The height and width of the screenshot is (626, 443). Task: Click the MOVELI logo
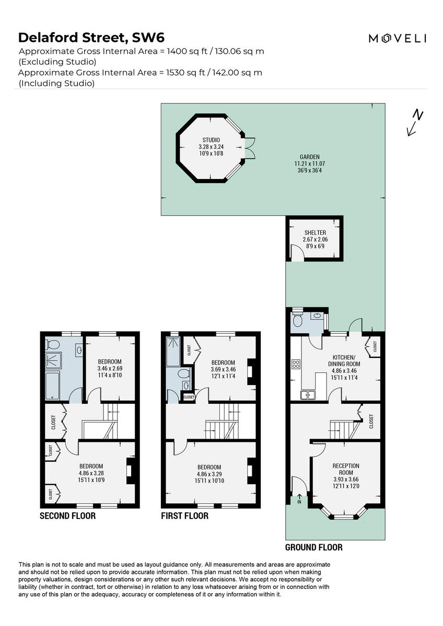click(x=398, y=38)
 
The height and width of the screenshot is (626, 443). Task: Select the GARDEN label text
click(x=309, y=156)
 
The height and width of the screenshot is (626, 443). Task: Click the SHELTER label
click(x=315, y=232)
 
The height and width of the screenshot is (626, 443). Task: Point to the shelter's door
click(x=296, y=253)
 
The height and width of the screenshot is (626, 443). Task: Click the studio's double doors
click(x=250, y=148)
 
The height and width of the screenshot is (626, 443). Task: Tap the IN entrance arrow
click(x=300, y=498)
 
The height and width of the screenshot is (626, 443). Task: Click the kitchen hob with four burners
click(x=296, y=364)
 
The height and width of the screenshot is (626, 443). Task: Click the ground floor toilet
click(x=297, y=321)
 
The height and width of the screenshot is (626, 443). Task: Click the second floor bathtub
click(x=53, y=387)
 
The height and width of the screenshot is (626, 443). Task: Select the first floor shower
click(x=172, y=350)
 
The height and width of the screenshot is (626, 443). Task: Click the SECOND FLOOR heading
click(x=68, y=516)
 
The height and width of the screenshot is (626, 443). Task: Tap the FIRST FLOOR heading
click(x=184, y=516)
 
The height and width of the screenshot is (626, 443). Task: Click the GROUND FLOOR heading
click(x=313, y=547)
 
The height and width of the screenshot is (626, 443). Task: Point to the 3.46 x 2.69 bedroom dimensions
click(x=110, y=368)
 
